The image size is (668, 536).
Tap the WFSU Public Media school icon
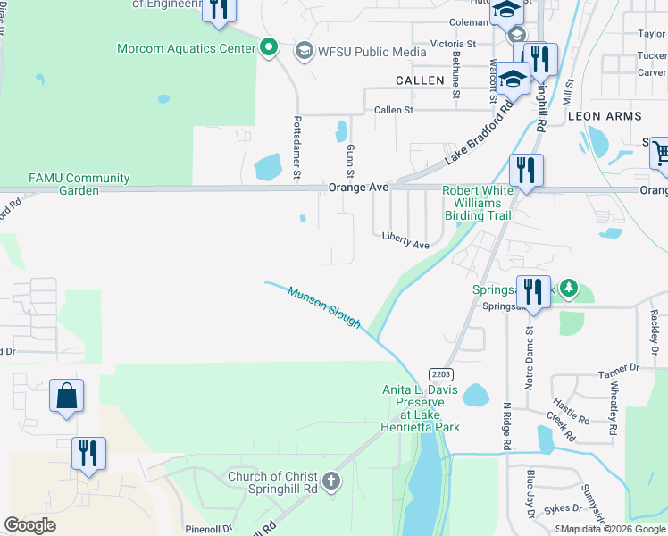(x=304, y=51)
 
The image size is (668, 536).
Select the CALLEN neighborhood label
(x=420, y=80)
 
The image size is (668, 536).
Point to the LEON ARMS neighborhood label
(x=605, y=116)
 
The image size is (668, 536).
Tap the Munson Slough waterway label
(x=323, y=306)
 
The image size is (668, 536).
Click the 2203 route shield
(x=438, y=373)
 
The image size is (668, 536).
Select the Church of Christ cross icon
(x=330, y=482)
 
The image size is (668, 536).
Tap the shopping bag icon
(x=67, y=396)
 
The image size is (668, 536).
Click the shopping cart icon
(x=661, y=152)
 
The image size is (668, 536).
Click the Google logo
(x=29, y=525)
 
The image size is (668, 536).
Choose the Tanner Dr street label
(x=620, y=367)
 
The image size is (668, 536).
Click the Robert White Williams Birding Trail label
(x=478, y=203)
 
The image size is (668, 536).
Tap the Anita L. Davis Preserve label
(x=420, y=408)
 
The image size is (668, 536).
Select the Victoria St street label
(x=453, y=44)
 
